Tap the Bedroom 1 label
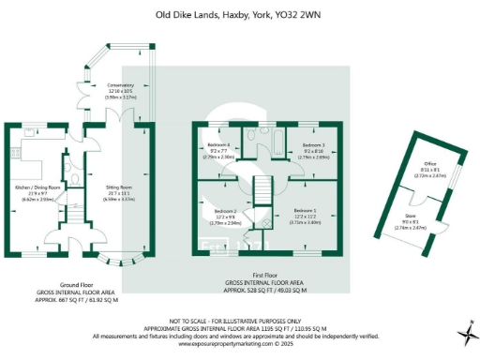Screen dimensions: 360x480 (x=306, y=210)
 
